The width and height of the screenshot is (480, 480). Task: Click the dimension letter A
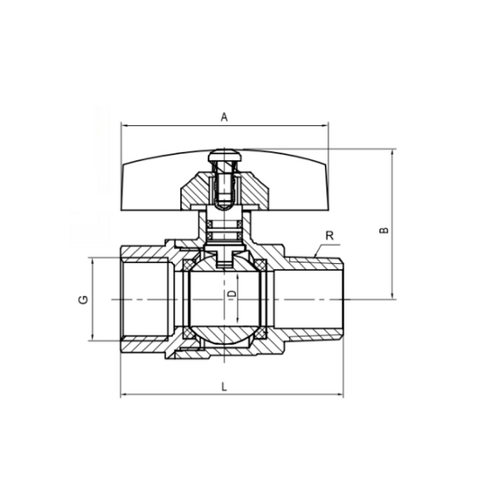[x=224, y=116]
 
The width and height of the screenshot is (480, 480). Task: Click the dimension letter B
[x=384, y=231]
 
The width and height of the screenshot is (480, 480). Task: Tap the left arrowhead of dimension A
[x=123, y=126]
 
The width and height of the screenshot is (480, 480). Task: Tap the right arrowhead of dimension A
[x=327, y=126]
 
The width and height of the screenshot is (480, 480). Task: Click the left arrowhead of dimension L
[x=123, y=394]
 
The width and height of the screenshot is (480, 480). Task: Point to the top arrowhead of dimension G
[x=93, y=260]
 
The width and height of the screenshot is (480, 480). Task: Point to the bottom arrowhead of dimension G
[x=93, y=339]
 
